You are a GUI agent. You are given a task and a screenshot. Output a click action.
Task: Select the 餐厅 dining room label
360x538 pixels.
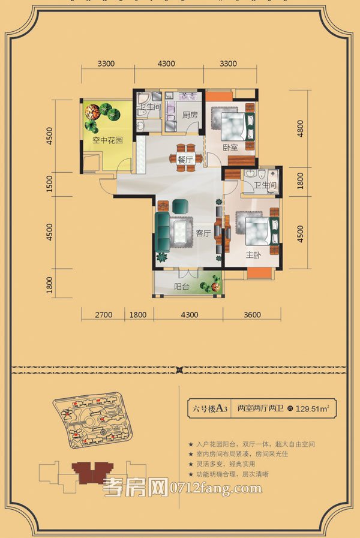click(x=185, y=160)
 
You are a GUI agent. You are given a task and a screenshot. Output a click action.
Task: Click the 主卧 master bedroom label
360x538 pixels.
click(x=253, y=254)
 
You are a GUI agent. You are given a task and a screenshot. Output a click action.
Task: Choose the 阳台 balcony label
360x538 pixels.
click(x=182, y=287)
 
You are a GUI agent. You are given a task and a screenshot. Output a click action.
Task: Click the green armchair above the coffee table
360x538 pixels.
click(x=181, y=206)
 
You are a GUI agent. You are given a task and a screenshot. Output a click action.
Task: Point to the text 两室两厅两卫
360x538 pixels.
click(x=260, y=410)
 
